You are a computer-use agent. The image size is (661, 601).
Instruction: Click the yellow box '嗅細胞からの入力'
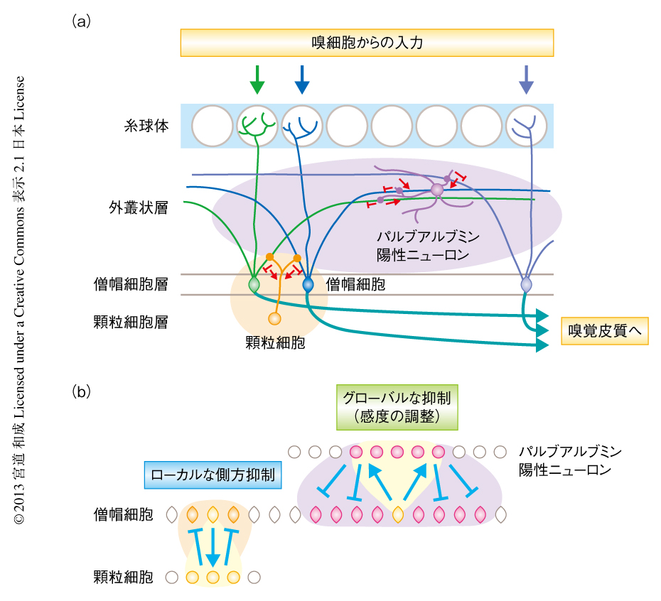pos(367,43)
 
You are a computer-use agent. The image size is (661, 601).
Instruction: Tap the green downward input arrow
pos(257,80)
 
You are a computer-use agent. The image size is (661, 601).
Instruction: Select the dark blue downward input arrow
pos(302,80)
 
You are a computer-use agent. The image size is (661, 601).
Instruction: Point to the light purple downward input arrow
pos(526,80)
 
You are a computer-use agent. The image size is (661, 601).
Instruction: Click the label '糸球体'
pos(146,126)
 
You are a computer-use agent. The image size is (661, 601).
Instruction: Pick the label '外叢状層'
pos(139,208)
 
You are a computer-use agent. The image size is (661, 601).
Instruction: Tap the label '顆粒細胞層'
pos(131,321)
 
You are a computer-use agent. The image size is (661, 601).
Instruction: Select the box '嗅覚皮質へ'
pos(605,330)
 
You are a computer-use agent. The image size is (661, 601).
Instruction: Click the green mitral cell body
pos(254,285)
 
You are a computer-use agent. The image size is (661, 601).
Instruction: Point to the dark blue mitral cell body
pos(308,285)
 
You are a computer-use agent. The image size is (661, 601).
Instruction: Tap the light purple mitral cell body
pos(526,285)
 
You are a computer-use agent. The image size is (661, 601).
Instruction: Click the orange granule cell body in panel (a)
pos(275,318)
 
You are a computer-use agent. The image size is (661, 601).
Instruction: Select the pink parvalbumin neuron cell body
pos(436,190)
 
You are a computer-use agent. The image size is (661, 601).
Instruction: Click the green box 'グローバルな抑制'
pos(397,406)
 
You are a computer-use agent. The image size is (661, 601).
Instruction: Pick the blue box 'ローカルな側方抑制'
pos(213,475)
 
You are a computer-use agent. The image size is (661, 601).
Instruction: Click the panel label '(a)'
pos(82,21)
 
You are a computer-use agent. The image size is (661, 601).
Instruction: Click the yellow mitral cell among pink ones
pos(398,514)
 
